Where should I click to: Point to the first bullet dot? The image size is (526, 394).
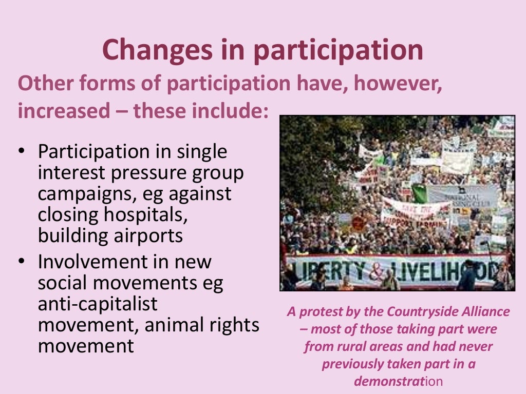[21, 152]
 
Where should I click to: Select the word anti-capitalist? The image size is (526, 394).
[98, 304]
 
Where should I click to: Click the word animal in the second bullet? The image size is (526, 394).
[183, 325]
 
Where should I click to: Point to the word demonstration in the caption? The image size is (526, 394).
[398, 381]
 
